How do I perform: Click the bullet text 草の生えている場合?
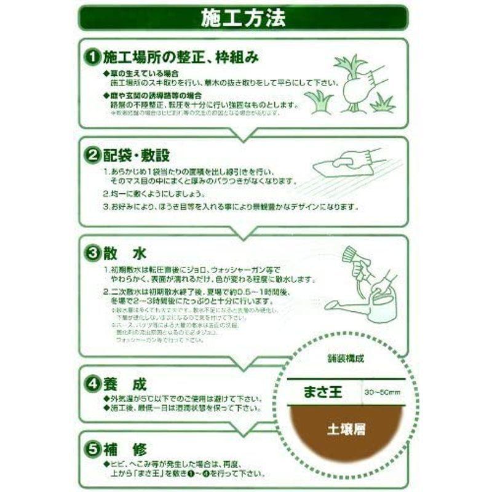pyautogui.click(x=140, y=73)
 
